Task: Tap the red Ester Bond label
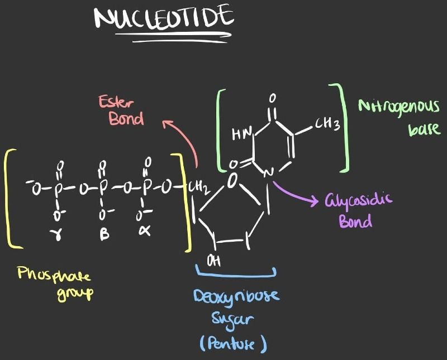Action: (122, 110)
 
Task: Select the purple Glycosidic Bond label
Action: (358, 210)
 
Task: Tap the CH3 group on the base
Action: (327, 124)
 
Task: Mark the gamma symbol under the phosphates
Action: (56, 234)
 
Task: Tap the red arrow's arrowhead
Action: (166, 123)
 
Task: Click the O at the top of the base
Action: (272, 98)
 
